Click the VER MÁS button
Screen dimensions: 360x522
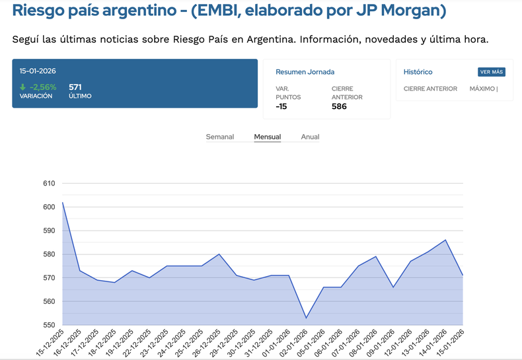pyautogui.click(x=491, y=72)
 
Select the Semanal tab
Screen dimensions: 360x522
pyautogui.click(x=220, y=137)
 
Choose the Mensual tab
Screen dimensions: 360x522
pyautogui.click(x=268, y=137)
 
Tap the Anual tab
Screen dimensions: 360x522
pyautogui.click(x=310, y=137)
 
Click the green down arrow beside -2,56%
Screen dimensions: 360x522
pyautogui.click(x=23, y=87)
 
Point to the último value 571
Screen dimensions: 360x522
pyautogui.click(x=75, y=87)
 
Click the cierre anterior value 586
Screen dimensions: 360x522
pyautogui.click(x=339, y=106)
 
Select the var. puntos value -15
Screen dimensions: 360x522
pyautogui.click(x=281, y=106)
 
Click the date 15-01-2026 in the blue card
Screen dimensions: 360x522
pyautogui.click(x=37, y=71)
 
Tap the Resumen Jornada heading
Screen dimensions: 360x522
pyautogui.click(x=305, y=72)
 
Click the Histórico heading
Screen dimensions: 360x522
pyautogui.click(x=418, y=72)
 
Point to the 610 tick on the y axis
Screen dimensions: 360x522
pyautogui.click(x=49, y=184)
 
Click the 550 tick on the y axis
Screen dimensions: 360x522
pyautogui.click(x=49, y=325)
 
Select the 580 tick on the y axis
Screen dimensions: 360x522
pyautogui.click(x=49, y=254)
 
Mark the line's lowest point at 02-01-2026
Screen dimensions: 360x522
pyautogui.click(x=306, y=318)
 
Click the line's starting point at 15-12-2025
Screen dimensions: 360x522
pyautogui.click(x=63, y=202)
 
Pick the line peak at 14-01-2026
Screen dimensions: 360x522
pyautogui.click(x=445, y=240)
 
